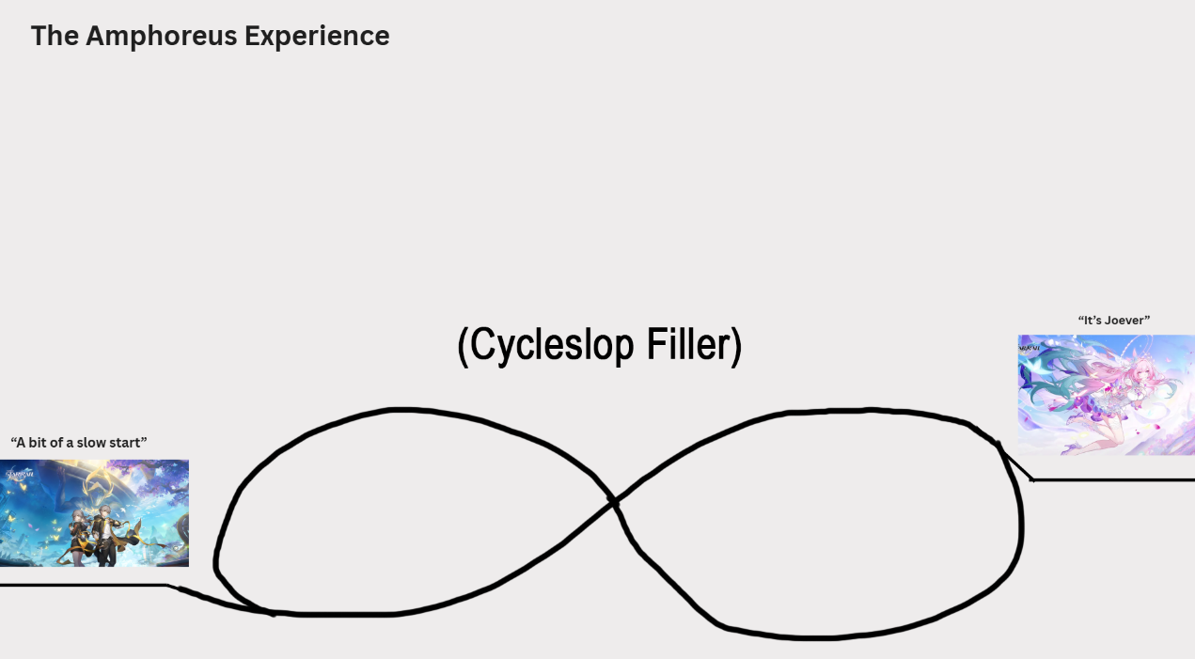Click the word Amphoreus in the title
tap(161, 37)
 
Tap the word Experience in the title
tap(317, 37)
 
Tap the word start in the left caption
tap(128, 443)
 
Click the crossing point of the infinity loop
tap(614, 502)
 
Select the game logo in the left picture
tap(19, 473)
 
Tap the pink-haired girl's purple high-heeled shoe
tap(1071, 448)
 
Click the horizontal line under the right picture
tap(1114, 480)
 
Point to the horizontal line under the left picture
tap(84, 586)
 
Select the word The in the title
tap(55, 36)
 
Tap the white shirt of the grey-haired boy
tap(106, 530)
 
